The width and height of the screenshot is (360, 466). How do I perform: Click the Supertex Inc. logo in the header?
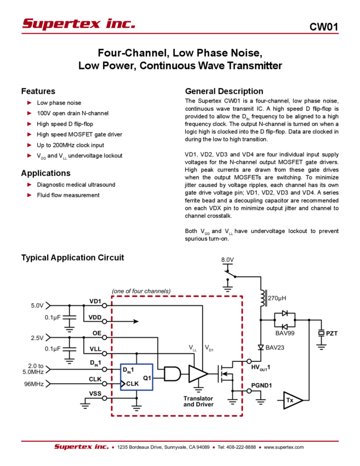coord(79,24)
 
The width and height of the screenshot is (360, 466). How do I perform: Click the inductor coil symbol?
coord(263,299)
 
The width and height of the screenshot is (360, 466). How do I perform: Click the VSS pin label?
coord(95,394)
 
